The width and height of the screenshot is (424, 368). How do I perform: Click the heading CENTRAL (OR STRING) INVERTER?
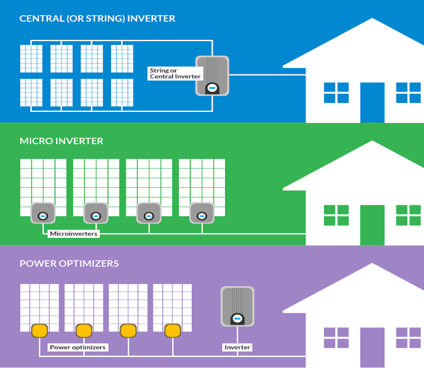[97, 19]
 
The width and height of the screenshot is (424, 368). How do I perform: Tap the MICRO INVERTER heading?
[61, 141]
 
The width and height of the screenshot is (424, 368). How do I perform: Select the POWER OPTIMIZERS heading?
[69, 263]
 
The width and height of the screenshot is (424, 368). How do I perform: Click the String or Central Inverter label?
[175, 73]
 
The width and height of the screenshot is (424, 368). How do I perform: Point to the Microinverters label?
[73, 234]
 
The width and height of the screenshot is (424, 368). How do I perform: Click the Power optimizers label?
[78, 347]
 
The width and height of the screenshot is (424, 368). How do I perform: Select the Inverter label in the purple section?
[237, 347]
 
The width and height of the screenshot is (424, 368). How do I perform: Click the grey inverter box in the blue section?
[212, 75]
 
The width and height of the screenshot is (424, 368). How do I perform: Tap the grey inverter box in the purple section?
[237, 307]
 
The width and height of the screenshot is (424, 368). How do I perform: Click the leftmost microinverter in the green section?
[43, 213]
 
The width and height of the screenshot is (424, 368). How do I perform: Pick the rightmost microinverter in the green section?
[202, 213]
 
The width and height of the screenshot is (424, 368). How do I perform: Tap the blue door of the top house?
[372, 102]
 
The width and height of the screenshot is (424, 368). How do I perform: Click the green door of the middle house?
[372, 225]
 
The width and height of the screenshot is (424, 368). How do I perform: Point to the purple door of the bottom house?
[372, 347]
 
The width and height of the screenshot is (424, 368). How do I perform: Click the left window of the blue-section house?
[336, 93]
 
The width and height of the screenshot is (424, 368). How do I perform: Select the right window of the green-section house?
[408, 215]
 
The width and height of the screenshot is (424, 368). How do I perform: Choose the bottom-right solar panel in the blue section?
[122, 92]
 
